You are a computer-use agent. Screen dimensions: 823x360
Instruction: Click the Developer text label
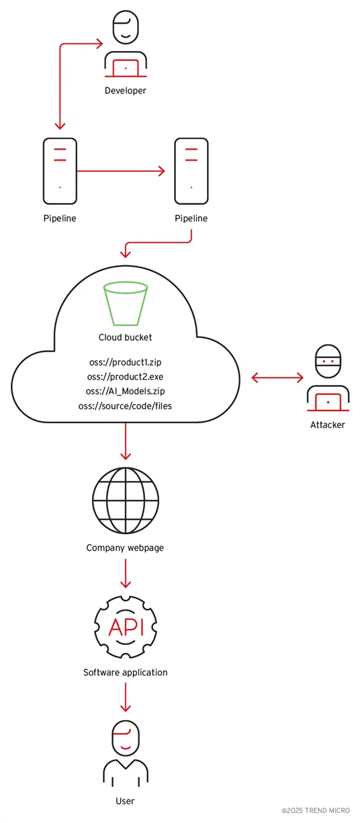(x=125, y=90)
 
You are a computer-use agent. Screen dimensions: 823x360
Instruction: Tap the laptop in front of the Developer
(x=125, y=68)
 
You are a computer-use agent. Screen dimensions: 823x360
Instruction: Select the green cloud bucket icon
(x=125, y=303)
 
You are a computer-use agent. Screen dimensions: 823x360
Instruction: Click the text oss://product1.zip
(x=125, y=361)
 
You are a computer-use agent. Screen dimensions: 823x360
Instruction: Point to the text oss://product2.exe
(x=125, y=376)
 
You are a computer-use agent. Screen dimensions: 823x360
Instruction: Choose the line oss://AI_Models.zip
(x=125, y=391)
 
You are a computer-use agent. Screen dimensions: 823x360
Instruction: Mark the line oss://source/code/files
(x=125, y=406)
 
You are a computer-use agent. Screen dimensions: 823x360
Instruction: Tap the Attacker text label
(x=327, y=425)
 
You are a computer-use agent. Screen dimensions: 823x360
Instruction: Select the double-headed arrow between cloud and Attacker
(x=277, y=378)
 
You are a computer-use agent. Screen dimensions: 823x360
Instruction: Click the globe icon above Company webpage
(x=125, y=499)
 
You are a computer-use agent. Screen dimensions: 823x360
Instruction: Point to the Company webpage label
(x=125, y=548)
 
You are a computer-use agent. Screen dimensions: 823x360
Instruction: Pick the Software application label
(x=125, y=672)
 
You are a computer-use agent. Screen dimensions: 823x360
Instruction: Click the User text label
(x=125, y=800)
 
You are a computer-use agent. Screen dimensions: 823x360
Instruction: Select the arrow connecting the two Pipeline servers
(x=121, y=171)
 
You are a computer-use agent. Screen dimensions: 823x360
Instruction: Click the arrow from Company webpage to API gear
(x=125, y=573)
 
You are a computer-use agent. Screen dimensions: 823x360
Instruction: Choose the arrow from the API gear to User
(x=125, y=697)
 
